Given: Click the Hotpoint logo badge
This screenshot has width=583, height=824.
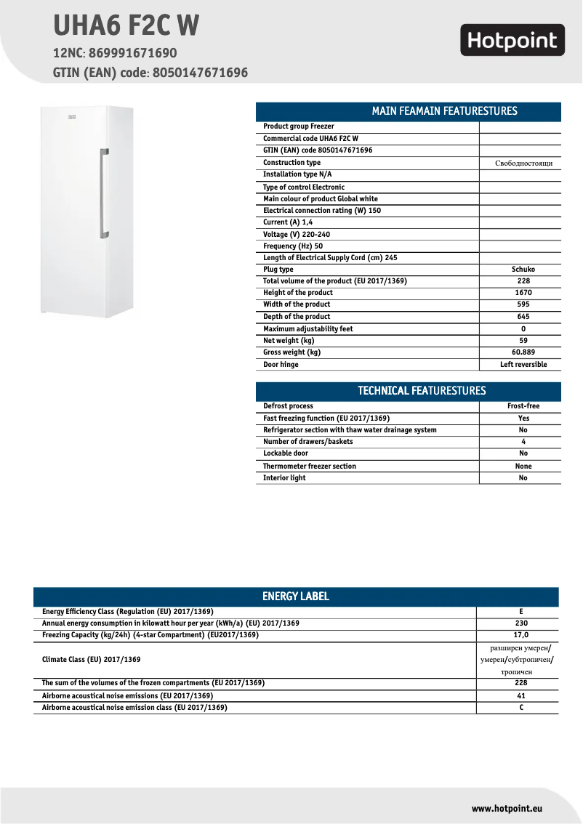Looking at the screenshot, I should click(x=512, y=40).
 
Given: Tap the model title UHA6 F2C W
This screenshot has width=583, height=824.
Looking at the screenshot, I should click(x=126, y=26).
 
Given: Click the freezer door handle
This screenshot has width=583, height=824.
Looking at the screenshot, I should click(x=104, y=194).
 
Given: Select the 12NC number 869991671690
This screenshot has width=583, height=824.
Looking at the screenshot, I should click(x=132, y=54).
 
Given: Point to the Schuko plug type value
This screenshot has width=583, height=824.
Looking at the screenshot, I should click(x=523, y=270).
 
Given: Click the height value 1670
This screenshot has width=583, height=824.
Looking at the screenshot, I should click(x=523, y=293).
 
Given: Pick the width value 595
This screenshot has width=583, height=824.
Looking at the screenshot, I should click(x=523, y=304).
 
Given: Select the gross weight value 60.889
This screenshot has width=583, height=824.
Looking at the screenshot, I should click(x=523, y=352).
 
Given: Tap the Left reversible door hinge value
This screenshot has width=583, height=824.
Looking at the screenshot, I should click(x=523, y=365).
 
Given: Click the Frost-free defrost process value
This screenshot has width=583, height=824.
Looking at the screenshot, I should click(x=523, y=406).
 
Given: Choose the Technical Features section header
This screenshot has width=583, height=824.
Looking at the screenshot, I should click(x=408, y=391).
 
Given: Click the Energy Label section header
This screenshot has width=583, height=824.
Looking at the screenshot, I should click(x=295, y=597).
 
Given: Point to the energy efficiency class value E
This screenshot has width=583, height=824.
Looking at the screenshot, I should click(x=520, y=612).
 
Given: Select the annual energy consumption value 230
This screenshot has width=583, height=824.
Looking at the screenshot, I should click(x=520, y=623).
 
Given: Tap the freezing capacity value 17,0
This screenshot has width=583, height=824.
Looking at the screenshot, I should click(x=520, y=635).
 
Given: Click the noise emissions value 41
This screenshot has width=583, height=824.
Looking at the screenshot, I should click(x=520, y=696).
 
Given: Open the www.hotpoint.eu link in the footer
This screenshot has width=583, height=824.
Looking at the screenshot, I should click(x=507, y=809).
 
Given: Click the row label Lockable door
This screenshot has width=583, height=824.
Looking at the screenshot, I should click(x=286, y=453).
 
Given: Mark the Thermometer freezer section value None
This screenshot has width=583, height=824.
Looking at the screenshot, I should click(x=523, y=466).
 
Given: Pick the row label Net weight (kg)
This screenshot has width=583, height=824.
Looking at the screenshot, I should click(x=289, y=341).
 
